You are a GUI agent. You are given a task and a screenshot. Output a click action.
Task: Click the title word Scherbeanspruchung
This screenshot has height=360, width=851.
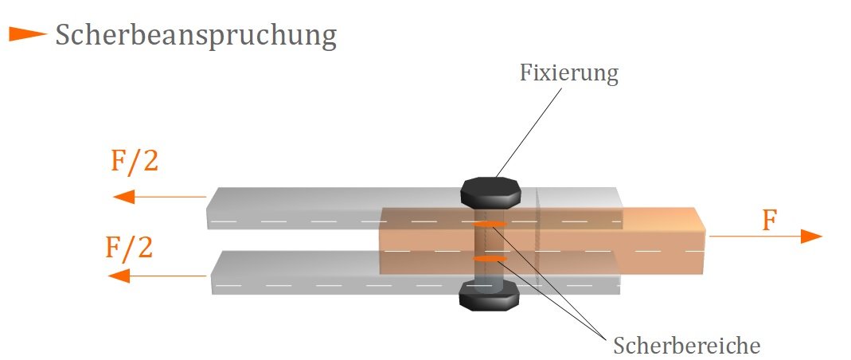(196, 36)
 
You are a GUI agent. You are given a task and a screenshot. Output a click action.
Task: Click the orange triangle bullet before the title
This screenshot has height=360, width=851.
(28, 34)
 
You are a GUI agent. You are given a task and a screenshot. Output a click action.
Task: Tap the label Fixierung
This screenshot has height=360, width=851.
(568, 74)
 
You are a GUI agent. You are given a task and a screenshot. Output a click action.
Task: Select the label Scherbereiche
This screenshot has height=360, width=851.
(686, 345)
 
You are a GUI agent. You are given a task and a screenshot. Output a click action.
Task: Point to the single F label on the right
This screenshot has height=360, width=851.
(768, 220)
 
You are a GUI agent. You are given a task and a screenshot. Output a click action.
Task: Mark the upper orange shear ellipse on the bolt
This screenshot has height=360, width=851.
(490, 225)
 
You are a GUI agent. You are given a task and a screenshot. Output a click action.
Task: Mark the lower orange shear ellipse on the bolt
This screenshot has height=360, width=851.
(490, 258)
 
